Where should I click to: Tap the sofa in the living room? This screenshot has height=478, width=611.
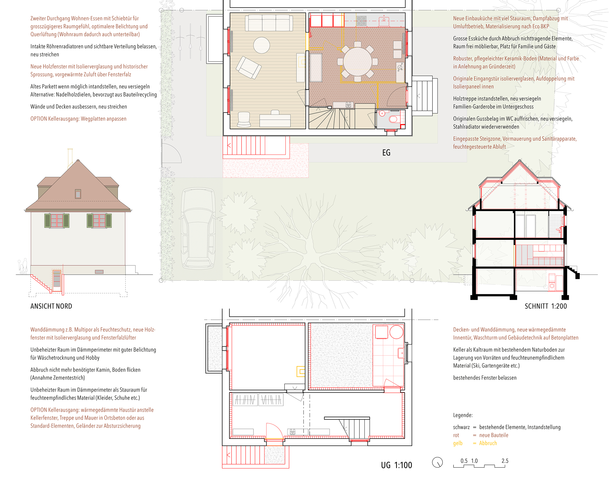269,23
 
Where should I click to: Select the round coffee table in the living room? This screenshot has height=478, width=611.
262,45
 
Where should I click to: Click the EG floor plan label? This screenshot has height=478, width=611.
386,153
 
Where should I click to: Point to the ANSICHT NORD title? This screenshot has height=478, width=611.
51,306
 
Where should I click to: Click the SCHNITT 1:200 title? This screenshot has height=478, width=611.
546,306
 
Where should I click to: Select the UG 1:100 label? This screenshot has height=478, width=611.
396,465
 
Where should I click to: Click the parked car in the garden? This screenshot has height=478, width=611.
199,228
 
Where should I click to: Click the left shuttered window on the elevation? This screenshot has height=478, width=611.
57,221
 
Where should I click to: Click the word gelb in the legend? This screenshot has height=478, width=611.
458,443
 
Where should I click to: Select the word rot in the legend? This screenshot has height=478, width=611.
456,435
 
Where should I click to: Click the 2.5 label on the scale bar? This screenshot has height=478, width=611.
505,461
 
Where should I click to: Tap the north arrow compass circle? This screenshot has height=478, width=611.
437,462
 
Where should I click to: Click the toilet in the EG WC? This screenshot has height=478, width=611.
394,119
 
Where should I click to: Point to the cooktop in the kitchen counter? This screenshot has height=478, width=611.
361,21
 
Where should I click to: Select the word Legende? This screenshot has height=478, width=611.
463,415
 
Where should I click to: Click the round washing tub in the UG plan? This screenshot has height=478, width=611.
396,332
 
